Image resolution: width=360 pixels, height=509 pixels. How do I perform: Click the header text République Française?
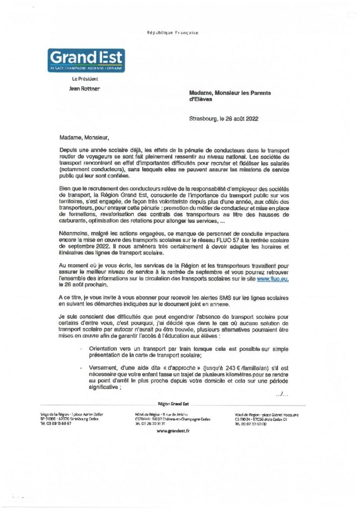point(172,33)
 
